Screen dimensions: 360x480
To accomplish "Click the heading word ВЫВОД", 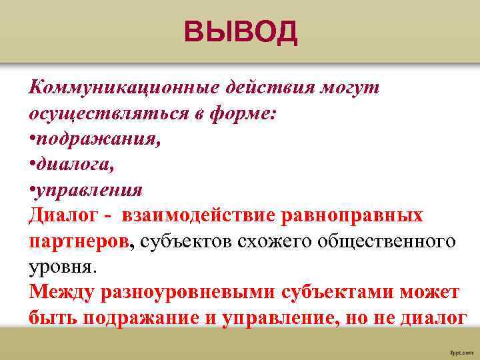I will [x=241, y=32].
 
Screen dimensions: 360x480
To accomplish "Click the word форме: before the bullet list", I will [x=245, y=113].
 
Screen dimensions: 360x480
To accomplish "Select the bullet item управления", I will [x=85, y=189].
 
